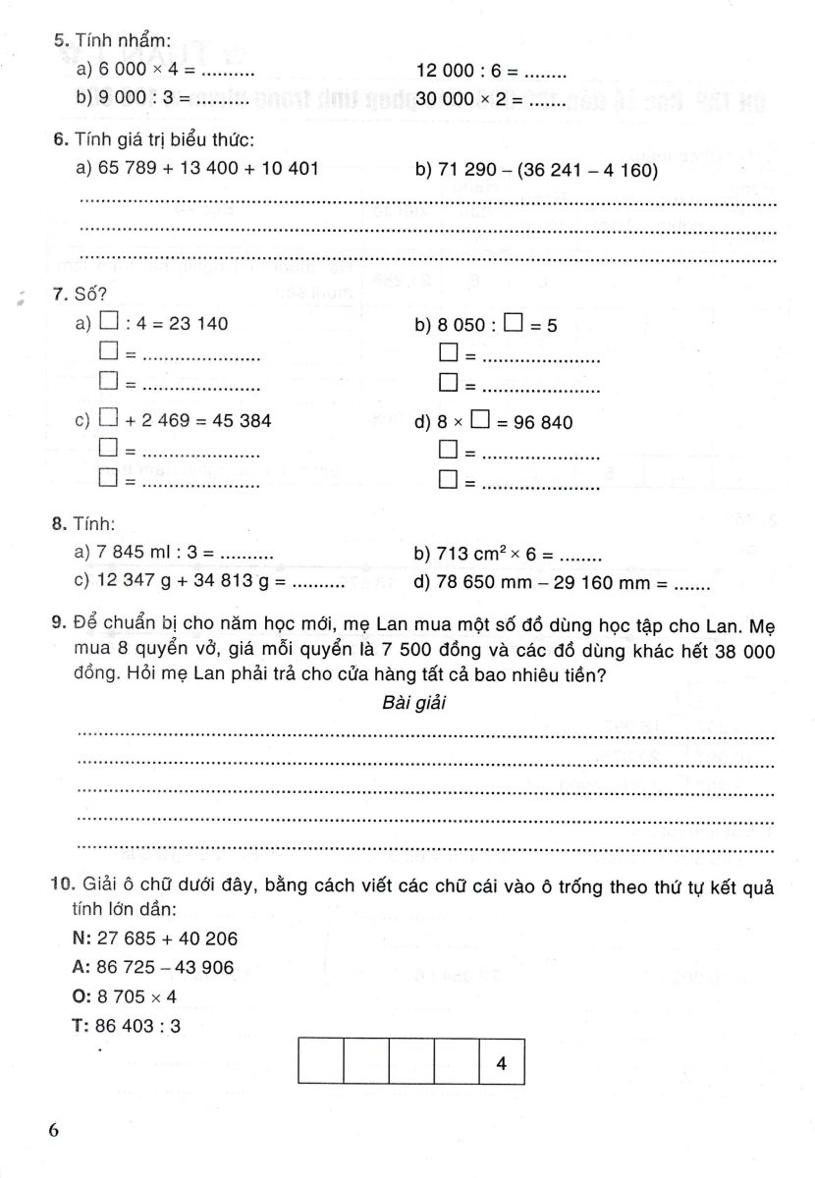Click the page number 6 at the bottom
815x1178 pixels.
coord(54,1129)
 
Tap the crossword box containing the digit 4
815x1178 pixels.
coord(502,1063)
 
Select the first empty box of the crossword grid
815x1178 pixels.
coord(320,1063)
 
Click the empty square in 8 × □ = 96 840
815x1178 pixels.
coord(480,422)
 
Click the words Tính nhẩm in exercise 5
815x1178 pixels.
coord(123,40)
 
